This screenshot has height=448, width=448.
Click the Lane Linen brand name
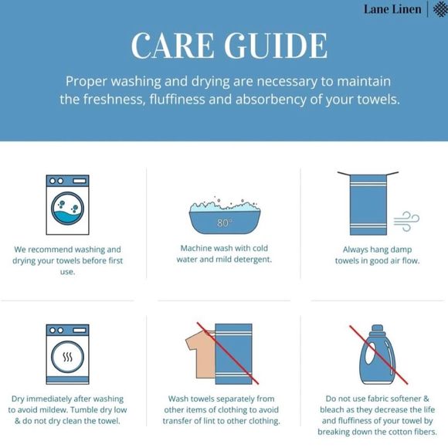tap(392, 9)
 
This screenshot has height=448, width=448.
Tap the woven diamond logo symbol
tap(440, 9)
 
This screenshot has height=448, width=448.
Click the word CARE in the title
tap(172, 46)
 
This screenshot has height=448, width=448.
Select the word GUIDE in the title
tap(276, 46)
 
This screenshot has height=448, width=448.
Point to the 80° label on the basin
tap(224, 222)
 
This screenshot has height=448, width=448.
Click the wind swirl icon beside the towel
tap(406, 221)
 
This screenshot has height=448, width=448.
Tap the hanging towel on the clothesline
tap(368, 204)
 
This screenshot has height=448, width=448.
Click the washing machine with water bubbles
tap(68, 205)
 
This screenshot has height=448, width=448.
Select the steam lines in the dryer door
tap(68, 357)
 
